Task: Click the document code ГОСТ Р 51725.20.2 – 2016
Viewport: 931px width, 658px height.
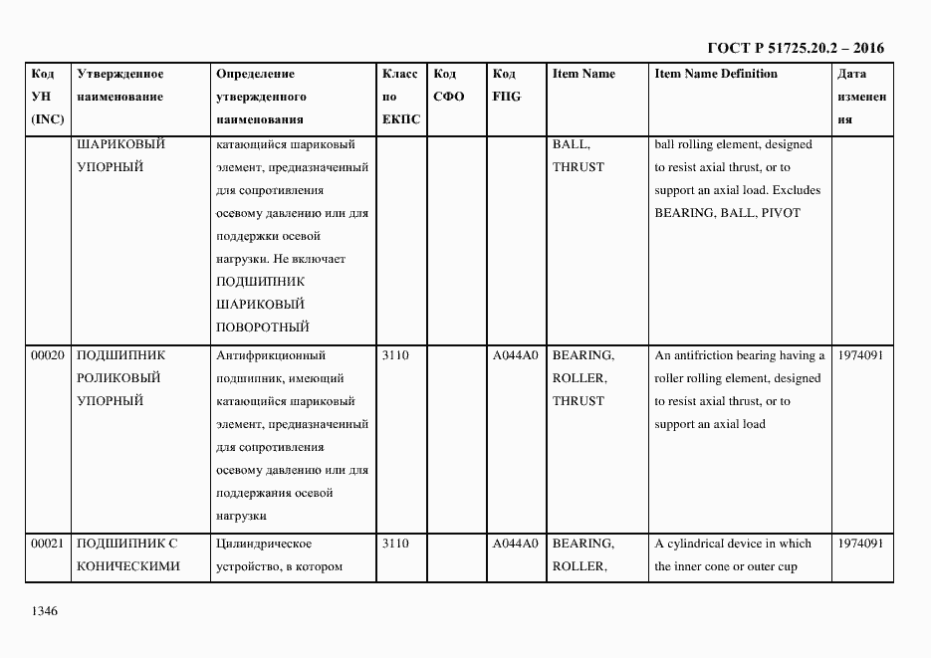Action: pos(795,48)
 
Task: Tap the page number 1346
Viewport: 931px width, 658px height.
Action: pos(45,610)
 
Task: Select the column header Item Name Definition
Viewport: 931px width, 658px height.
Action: pos(715,74)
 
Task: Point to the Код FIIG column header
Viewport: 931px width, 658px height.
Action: pos(506,86)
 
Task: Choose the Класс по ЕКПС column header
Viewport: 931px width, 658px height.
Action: pos(400,97)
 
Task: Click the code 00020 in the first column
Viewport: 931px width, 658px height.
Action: pos(48,355)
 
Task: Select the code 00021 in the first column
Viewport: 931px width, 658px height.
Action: pos(48,544)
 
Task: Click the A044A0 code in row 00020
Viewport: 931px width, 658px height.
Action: pos(515,355)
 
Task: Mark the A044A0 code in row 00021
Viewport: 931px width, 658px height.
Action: pos(515,544)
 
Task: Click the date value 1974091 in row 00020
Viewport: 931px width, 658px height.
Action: pos(861,355)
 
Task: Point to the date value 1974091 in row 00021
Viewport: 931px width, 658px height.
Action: pos(861,544)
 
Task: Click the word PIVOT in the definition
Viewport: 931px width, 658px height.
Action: pos(782,213)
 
